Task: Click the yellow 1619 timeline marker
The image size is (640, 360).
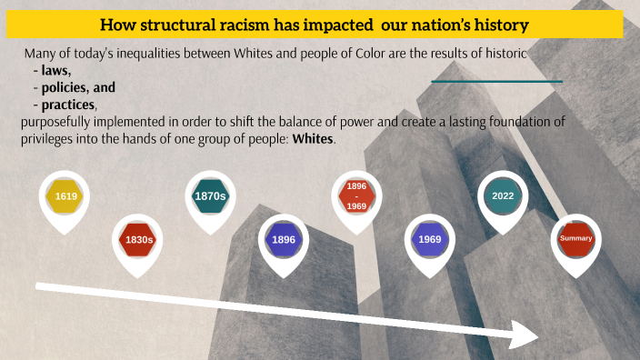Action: pos(65,196)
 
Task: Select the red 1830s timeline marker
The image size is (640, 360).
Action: pos(139,239)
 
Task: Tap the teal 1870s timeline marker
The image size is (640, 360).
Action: pos(210,195)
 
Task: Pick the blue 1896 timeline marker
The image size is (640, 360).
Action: pos(284,239)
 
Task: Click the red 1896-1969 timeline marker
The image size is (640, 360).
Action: pos(357,195)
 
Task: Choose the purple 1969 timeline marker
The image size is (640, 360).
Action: pos(430,239)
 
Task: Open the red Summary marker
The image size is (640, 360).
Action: pos(576,238)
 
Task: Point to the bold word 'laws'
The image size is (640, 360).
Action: pos(55,70)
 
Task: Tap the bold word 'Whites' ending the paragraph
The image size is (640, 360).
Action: pos(313,141)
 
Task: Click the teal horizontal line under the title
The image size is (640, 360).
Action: pos(496,81)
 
